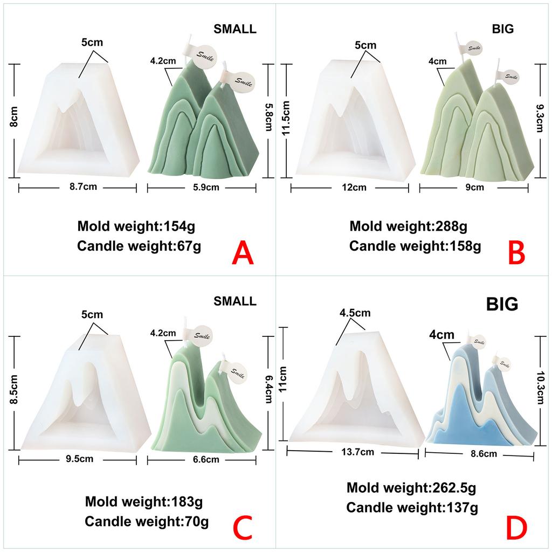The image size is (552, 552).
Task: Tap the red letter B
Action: [516, 253]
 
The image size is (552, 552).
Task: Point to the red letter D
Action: [516, 528]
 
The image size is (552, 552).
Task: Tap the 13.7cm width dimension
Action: [358, 452]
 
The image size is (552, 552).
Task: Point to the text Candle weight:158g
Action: [415, 246]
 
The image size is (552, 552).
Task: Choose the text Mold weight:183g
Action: [144, 502]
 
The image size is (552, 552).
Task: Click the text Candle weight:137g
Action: [412, 508]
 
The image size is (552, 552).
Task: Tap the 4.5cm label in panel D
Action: [355, 313]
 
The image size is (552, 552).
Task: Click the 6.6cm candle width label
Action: [206, 459]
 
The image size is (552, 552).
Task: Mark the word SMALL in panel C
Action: [234, 301]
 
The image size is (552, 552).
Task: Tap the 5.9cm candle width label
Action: [206, 188]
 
